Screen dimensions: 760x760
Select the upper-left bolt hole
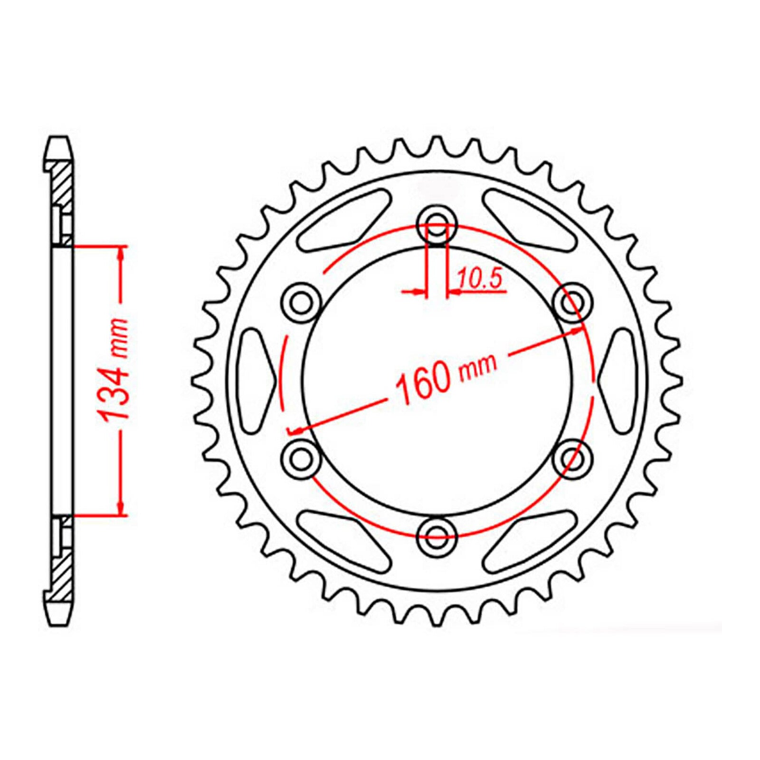click(x=301, y=303)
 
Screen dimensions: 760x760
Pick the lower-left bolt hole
click(x=301, y=458)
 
